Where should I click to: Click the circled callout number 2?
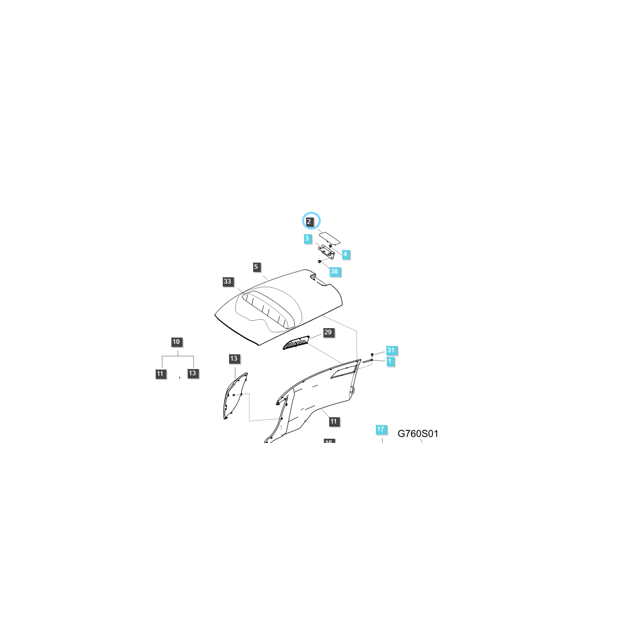click(309, 222)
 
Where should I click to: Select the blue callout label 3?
click(307, 238)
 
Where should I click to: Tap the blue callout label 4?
click(345, 254)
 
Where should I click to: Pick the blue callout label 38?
click(334, 272)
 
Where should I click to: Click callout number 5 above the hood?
click(256, 267)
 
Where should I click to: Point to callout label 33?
click(227, 282)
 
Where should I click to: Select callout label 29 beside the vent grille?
click(328, 332)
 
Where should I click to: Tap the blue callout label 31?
click(391, 350)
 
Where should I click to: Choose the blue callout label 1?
click(390, 361)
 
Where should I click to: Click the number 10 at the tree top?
click(176, 342)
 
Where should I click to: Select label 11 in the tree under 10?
click(160, 374)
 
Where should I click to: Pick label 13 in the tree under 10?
click(193, 373)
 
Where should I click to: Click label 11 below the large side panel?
click(334, 421)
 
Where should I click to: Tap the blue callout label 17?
click(381, 429)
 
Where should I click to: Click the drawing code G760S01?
click(418, 433)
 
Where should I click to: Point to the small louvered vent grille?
click(296, 343)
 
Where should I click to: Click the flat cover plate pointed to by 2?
click(330, 238)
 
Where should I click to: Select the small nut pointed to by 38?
click(319, 261)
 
